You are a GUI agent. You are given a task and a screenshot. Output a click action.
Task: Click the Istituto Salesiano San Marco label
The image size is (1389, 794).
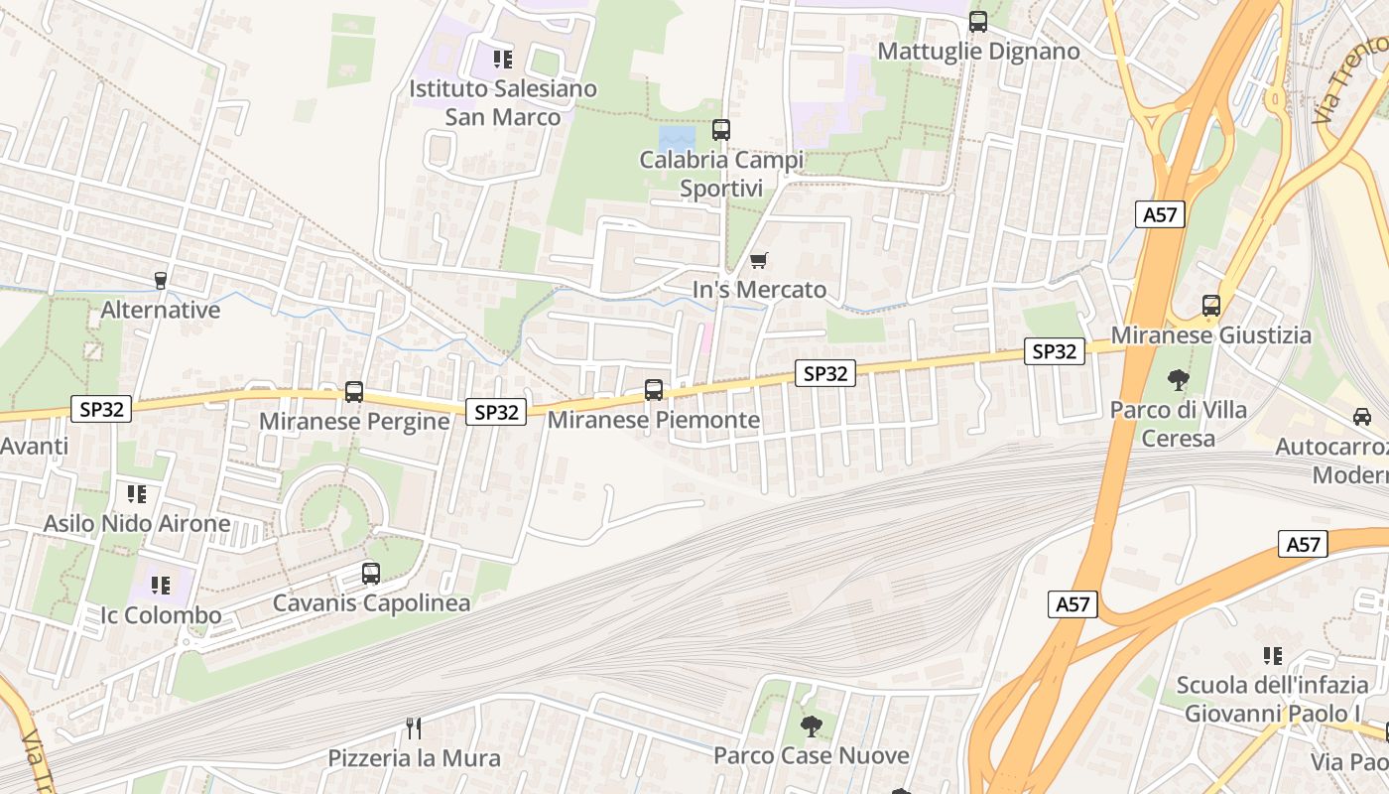[503, 102]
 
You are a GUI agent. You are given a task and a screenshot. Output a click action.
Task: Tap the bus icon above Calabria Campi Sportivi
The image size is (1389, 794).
[721, 129]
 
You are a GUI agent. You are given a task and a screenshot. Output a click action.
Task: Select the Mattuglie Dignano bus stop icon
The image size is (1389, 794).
[978, 22]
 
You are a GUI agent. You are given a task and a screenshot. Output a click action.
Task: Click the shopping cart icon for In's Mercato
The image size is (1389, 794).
[759, 260]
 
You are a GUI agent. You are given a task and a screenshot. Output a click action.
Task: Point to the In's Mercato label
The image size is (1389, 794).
[759, 290]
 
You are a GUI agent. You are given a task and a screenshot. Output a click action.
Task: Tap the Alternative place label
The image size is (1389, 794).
[160, 310]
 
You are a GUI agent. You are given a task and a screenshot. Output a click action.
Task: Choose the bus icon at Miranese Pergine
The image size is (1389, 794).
[354, 392]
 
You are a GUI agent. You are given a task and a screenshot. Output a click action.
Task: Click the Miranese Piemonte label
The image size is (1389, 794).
[654, 420]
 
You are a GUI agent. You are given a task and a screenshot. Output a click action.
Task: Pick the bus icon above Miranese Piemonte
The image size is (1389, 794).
[654, 390]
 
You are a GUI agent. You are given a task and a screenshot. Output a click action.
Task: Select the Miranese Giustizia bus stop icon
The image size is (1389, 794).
[1211, 306]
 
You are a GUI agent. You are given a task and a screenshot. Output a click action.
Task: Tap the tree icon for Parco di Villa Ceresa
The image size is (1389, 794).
[1179, 379]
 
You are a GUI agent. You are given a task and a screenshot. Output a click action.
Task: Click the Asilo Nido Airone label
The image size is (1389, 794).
[137, 523]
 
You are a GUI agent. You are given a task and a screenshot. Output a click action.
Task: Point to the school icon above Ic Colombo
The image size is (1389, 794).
[161, 586]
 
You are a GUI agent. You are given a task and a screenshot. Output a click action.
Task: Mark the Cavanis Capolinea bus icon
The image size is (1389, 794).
[371, 573]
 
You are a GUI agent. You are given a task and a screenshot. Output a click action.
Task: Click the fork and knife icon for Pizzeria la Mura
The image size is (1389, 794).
[415, 728]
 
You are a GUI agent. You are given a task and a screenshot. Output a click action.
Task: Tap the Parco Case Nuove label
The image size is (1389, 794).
[812, 755]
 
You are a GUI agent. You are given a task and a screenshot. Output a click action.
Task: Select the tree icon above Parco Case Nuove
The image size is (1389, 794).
[812, 726]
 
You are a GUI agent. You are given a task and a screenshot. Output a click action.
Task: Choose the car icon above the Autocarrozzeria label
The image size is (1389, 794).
[1362, 417]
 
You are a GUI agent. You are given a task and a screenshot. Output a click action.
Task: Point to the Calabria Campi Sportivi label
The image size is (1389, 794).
[721, 174]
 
